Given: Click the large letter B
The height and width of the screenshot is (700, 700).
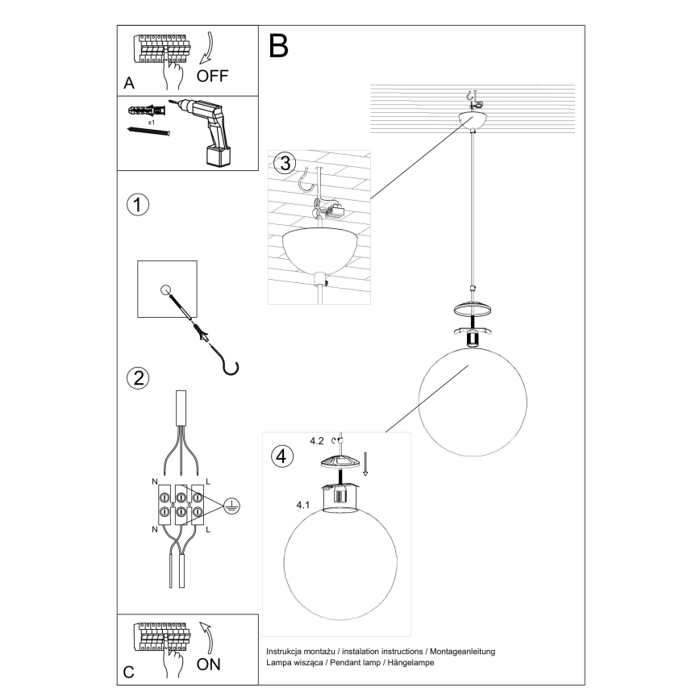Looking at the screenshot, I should tap(278, 46).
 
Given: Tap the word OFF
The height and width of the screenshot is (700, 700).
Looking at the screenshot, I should tap(212, 77).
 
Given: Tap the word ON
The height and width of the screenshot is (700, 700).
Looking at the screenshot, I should tap(208, 665).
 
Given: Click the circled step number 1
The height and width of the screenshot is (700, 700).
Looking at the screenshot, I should tap(139, 203).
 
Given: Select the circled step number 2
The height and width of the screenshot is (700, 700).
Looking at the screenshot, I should tap(139, 379).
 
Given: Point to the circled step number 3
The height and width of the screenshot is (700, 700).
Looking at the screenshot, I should tap(284, 164).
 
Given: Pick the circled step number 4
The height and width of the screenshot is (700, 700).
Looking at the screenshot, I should tap(280, 457).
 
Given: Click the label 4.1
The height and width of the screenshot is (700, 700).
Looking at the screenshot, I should tap(303, 505).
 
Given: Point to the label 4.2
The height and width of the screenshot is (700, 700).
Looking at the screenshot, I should tap(318, 441).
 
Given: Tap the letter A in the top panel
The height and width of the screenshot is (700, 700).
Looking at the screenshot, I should tap(129, 83).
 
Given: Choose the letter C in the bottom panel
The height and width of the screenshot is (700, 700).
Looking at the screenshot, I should tap(128, 671).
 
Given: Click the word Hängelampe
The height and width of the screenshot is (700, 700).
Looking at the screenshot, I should tap(411, 661).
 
